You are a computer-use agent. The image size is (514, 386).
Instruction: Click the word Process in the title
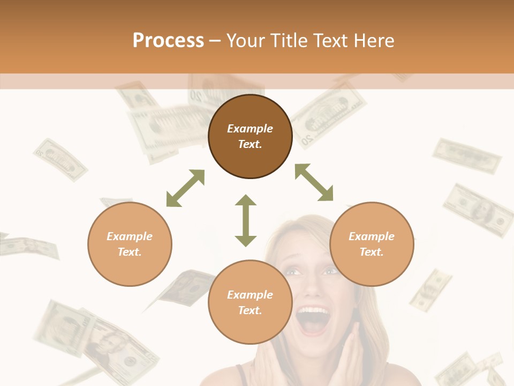(x=168, y=41)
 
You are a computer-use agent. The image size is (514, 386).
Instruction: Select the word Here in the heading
(x=374, y=41)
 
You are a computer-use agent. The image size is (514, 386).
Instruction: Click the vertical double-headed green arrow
(x=246, y=220)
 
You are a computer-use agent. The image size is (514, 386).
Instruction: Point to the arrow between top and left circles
(x=185, y=188)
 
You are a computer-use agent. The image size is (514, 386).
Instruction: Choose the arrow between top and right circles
(x=314, y=182)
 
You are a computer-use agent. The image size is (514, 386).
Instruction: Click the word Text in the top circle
(x=250, y=144)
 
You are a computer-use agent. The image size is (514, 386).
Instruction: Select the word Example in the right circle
(x=372, y=236)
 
